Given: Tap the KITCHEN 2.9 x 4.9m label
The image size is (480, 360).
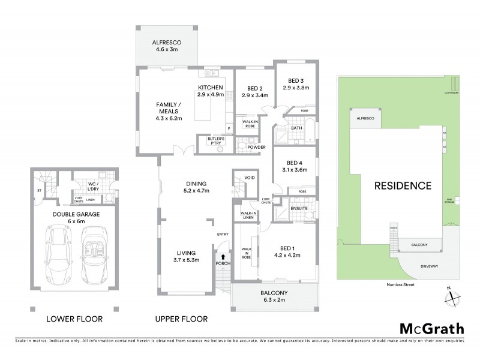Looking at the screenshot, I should click(211, 91).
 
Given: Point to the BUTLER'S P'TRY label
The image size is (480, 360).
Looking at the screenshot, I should click(216, 140).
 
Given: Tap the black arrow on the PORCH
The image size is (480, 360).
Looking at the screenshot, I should click(223, 258).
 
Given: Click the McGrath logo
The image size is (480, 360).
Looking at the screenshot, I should click(431, 328).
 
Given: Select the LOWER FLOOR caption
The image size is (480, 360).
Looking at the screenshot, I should click(74, 319).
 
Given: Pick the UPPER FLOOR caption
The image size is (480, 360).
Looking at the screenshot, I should click(181, 319).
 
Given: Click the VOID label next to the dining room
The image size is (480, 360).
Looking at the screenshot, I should click(247, 178).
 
